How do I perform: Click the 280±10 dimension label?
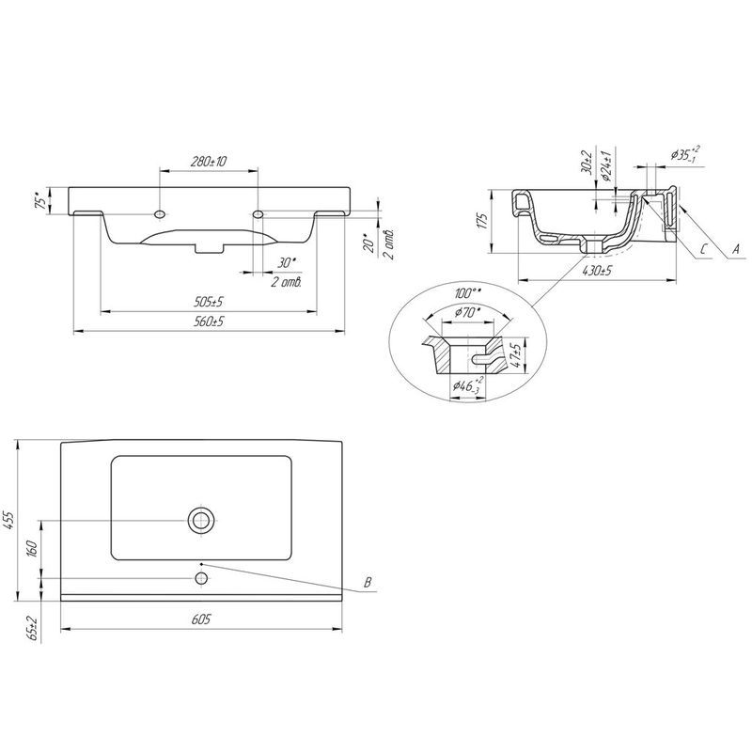coord(209,162)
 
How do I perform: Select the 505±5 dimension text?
coord(209,302)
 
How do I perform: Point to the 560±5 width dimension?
coord(209,321)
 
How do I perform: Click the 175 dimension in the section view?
coord(482,220)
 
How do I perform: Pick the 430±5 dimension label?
coord(597,271)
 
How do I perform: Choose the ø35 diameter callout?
coord(685,154)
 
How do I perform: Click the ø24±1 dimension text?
coord(606,166)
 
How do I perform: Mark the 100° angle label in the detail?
coord(468,293)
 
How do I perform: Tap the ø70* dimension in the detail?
coord(467,313)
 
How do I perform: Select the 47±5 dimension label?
coord(517,355)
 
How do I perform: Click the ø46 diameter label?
coord(468,385)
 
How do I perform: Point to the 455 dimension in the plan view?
coord(10,521)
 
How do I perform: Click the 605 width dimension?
coord(201,619)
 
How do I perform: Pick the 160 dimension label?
coord(32,549)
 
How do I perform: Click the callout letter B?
coord(368,583)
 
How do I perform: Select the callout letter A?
coord(735,249)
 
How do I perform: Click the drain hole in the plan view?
coord(201,520)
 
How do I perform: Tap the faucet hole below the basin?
coord(201,578)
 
